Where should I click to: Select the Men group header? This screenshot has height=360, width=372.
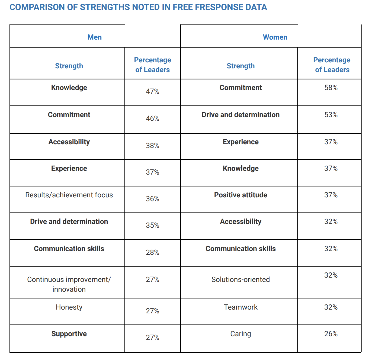point(94,37)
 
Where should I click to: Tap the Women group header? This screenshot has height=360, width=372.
point(275,37)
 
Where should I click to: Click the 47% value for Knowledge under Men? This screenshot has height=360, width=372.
point(152,91)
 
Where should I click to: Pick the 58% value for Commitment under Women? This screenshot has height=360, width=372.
point(331,88)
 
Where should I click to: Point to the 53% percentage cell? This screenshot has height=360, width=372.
point(331,115)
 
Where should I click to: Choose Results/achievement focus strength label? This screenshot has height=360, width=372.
point(69,195)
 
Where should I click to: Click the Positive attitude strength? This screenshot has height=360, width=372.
point(240,195)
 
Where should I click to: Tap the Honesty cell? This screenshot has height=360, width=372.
point(69,307)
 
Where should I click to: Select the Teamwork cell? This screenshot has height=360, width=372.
point(240,307)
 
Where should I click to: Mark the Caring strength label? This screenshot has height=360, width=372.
point(240,334)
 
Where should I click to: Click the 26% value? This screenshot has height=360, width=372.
point(331,334)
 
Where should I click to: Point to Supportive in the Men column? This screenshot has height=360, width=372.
point(69,334)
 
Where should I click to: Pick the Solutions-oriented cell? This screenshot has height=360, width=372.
point(240,279)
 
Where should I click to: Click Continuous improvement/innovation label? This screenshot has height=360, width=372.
point(69,284)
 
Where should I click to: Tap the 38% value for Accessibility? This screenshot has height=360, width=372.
point(152,146)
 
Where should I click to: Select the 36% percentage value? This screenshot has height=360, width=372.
point(152,199)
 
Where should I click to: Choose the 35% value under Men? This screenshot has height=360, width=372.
point(152,225)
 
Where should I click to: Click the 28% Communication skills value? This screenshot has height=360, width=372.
point(152,252)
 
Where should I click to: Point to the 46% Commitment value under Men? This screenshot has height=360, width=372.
point(152,118)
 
